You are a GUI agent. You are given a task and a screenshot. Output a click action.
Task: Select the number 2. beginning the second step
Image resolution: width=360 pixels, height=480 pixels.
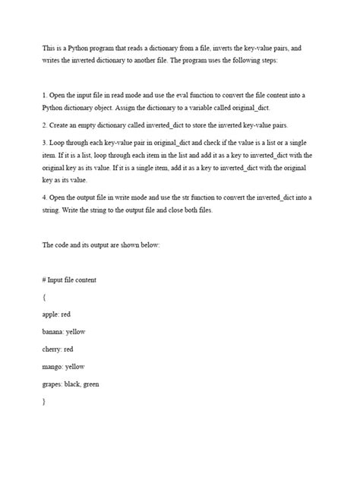click(x=45, y=125)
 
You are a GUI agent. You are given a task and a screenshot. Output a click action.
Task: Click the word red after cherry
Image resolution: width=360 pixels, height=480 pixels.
click(x=79, y=349)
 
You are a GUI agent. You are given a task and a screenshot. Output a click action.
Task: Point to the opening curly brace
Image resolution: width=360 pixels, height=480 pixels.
click(x=44, y=296)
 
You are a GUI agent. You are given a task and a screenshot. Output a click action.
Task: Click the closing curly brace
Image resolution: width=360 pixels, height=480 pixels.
click(x=44, y=402)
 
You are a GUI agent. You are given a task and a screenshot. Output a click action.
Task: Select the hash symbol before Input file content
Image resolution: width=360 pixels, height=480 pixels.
click(x=45, y=279)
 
